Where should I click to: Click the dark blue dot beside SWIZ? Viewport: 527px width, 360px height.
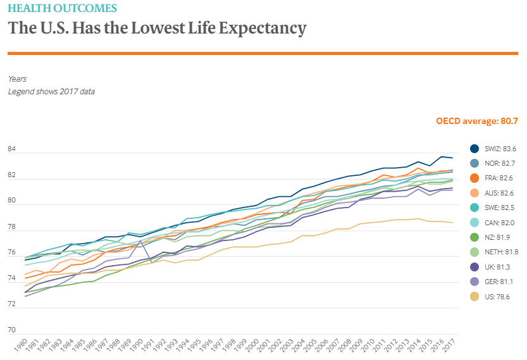[474, 149]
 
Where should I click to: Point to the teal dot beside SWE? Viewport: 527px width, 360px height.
[474, 208]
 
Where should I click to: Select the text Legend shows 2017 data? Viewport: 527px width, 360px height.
[51, 91]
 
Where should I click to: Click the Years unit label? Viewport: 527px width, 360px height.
[18, 78]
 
